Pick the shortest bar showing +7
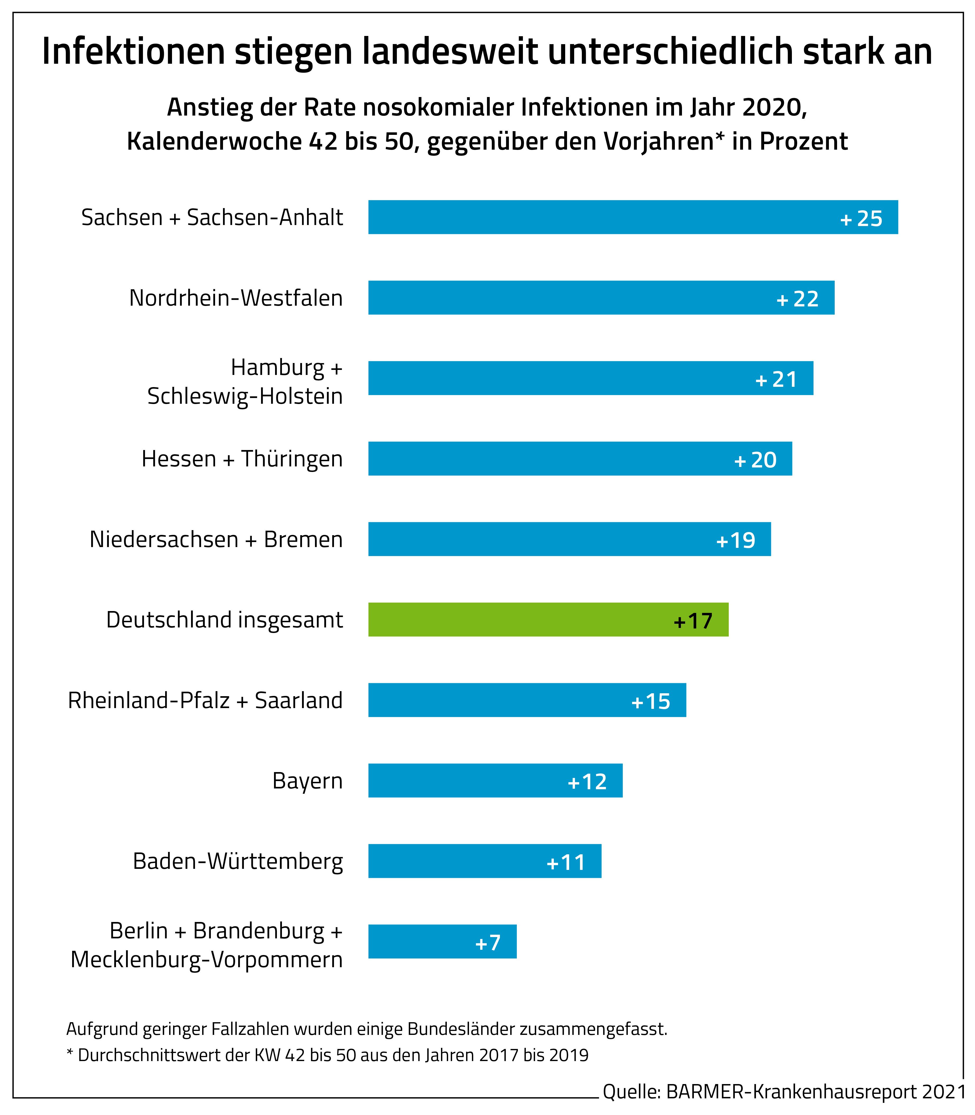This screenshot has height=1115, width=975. click(442, 941)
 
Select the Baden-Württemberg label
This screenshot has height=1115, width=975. click(238, 861)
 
